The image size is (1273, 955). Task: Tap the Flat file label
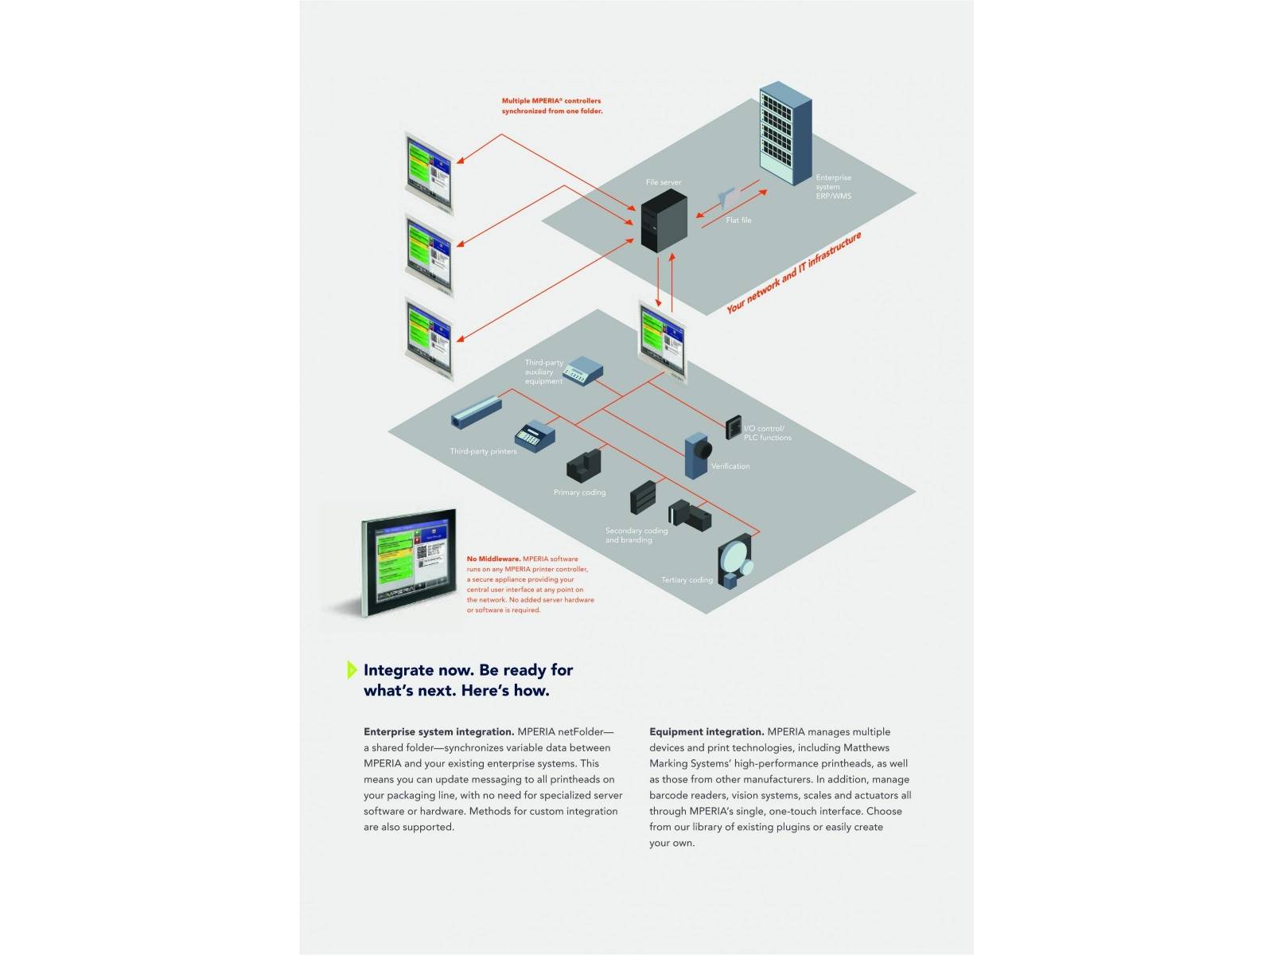(738, 220)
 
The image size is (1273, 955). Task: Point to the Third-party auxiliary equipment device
(583, 371)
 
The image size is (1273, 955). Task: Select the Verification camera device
(697, 455)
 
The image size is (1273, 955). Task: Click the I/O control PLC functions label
(767, 433)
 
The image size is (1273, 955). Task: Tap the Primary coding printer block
(583, 466)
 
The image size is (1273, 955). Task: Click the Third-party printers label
(483, 451)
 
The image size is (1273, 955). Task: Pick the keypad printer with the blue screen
(535, 435)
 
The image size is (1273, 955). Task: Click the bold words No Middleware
(493, 559)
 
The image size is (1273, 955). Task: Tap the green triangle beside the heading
(352, 670)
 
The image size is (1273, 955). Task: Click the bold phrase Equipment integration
(707, 732)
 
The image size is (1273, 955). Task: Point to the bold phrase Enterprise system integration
(438, 732)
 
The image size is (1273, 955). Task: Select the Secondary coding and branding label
(636, 536)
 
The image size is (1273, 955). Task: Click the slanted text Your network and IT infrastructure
(794, 273)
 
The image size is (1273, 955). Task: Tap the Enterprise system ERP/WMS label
(833, 187)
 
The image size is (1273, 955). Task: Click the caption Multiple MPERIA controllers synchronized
(551, 106)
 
